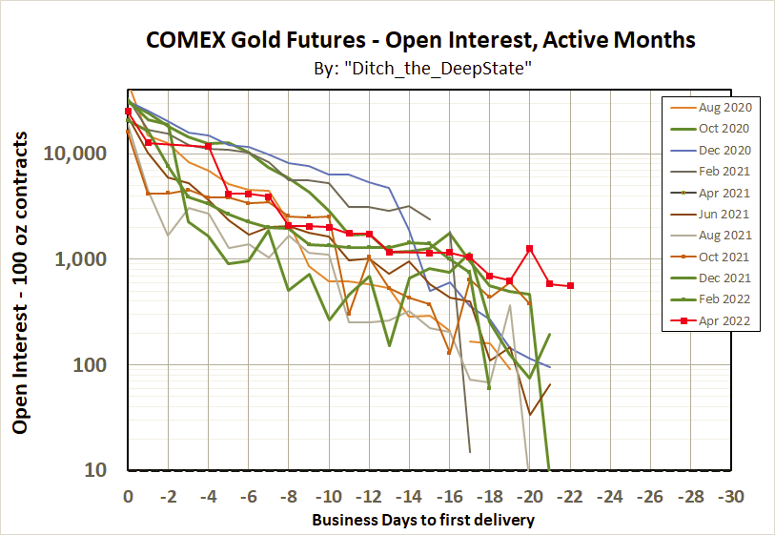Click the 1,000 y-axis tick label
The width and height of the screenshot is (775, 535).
[92, 259]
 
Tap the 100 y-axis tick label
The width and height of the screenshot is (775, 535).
[101, 365]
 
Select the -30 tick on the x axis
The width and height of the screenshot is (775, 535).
[730, 497]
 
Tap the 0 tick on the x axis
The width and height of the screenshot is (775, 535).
[128, 497]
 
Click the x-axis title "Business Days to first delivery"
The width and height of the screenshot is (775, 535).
[423, 520]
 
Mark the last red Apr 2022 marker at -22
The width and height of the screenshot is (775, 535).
[570, 285]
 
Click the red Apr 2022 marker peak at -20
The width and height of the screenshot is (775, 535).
[529, 249]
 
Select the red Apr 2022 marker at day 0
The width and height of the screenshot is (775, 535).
[128, 112]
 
